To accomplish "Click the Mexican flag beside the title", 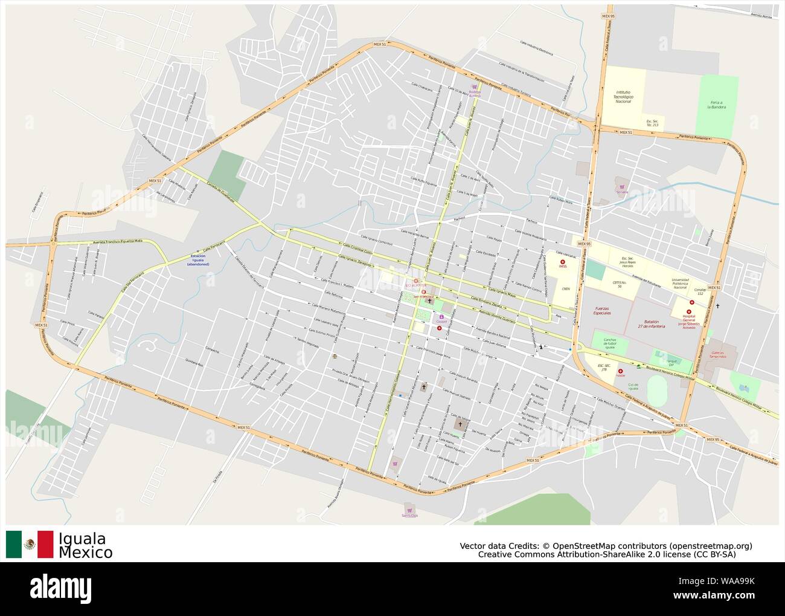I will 30,545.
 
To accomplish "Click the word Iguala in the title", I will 82,539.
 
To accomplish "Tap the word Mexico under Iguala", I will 85,553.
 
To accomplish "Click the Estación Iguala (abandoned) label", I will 198,260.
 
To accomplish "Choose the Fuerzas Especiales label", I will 602,311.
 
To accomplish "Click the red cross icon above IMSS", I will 563,261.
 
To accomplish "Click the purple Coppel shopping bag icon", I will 441,316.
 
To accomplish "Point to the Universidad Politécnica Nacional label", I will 680,283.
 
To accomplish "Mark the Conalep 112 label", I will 700,291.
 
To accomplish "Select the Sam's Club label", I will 410,515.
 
